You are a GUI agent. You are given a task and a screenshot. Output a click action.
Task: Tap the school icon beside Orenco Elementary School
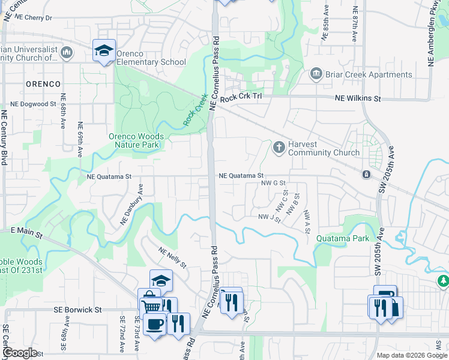[104, 50]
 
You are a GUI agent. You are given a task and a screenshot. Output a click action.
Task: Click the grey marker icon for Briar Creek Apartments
[315, 74]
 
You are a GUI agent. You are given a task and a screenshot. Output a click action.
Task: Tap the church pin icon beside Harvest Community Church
[279, 146]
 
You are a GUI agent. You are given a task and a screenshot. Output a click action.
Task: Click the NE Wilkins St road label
[358, 98]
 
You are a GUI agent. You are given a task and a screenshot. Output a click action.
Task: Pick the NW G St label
[271, 182]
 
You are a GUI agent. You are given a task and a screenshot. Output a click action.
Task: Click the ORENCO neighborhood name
[43, 83]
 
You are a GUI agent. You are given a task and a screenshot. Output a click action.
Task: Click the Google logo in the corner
[20, 353]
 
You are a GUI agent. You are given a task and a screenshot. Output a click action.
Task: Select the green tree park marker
[443, 281]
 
